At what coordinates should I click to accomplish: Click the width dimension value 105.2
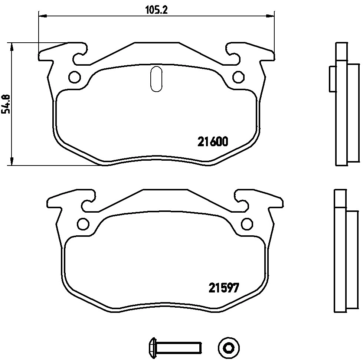156,10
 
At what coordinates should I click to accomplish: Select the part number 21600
212,142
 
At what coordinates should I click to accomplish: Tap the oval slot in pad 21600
156,78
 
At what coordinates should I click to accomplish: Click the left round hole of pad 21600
75,77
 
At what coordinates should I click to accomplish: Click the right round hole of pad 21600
238,77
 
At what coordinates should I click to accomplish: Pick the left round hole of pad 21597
83,223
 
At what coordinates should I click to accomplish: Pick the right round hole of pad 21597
246,223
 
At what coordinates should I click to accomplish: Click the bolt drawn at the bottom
174,348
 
